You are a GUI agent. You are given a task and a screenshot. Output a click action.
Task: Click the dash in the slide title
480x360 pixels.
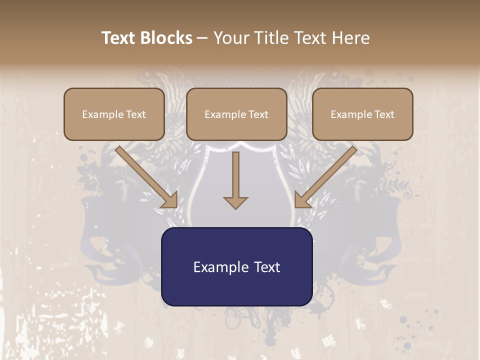click(x=202, y=38)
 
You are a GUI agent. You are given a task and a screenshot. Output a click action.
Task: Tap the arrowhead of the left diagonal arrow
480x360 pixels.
click(x=170, y=200)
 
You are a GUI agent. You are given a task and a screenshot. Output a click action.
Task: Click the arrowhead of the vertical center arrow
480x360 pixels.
click(x=235, y=202)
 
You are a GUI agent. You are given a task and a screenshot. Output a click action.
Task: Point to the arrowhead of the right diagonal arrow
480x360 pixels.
click(x=302, y=200)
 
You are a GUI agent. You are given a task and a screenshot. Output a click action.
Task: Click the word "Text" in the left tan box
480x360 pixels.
click(x=135, y=114)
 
